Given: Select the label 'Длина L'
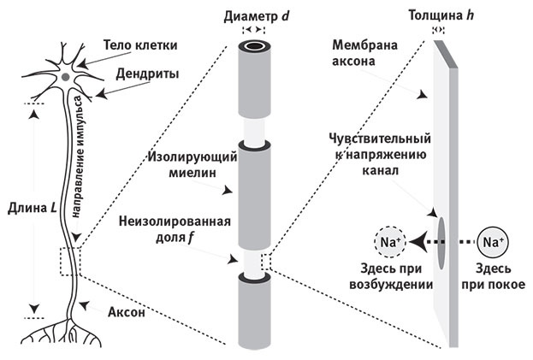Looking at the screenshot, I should pos(29,207).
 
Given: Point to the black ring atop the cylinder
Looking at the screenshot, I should pos(252,48).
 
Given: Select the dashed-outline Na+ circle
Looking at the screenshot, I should pos(390,243).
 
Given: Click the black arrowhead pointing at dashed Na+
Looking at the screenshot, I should pos(418,243).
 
